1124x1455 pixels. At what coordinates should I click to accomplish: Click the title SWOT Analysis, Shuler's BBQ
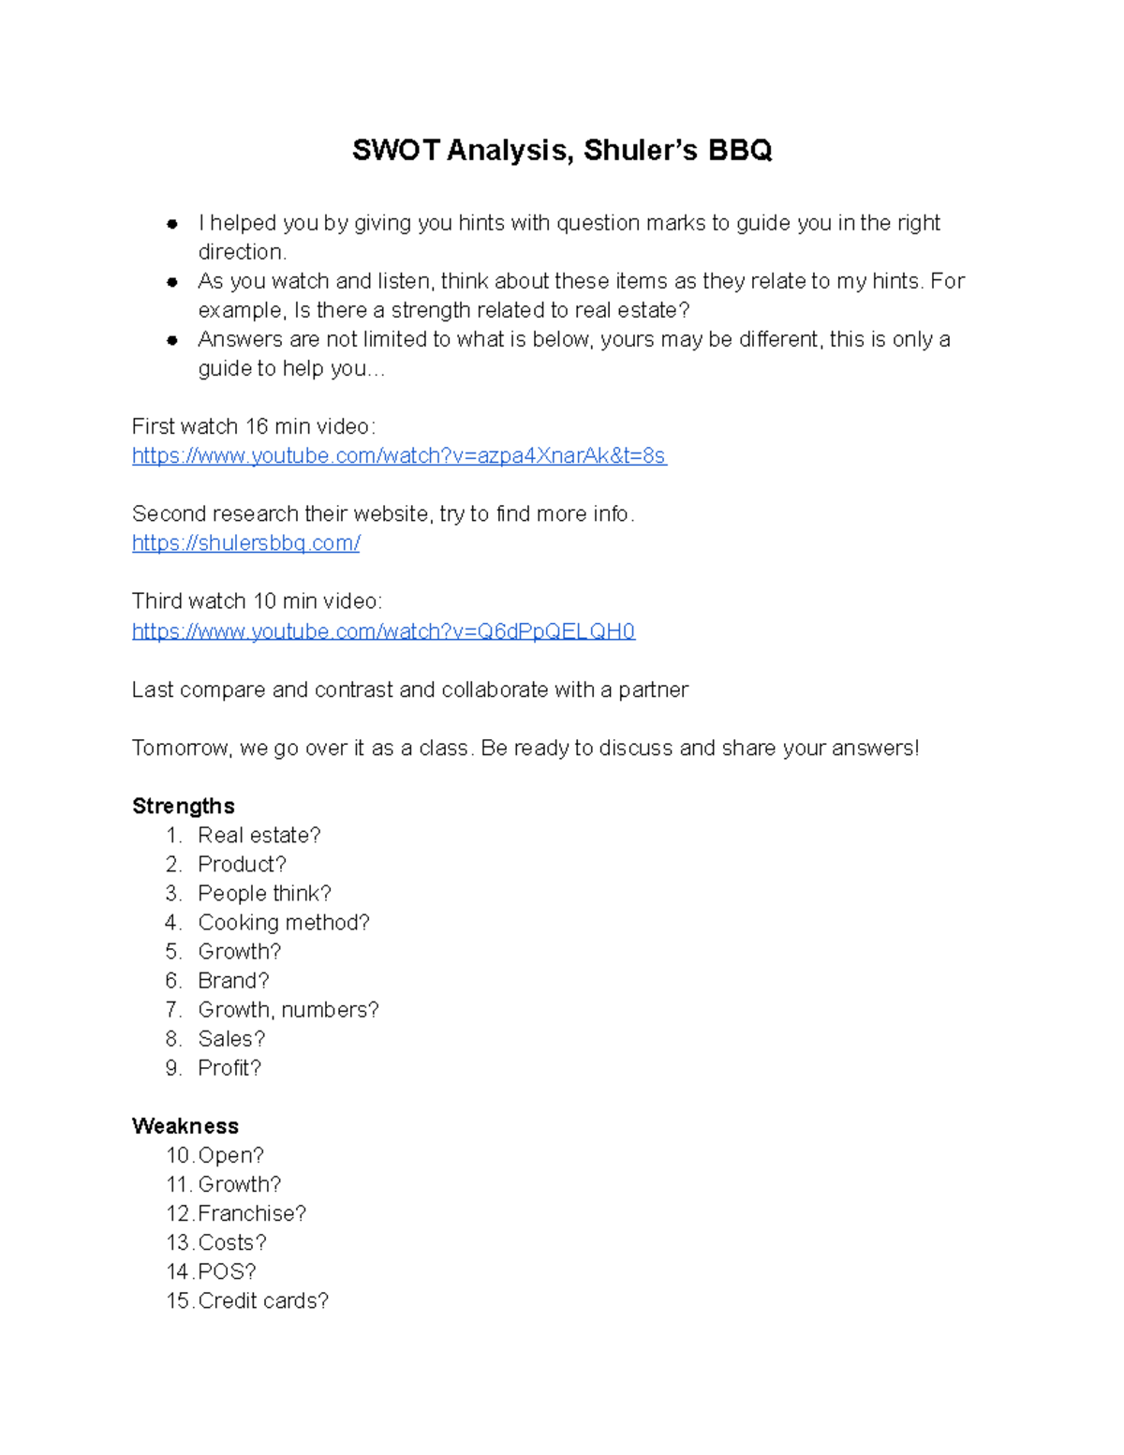pos(562,150)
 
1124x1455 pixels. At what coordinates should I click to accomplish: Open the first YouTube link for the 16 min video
pos(399,456)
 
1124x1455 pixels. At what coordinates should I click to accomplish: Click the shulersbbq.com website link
pos(245,543)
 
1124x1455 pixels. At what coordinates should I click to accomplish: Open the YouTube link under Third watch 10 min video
pos(383,631)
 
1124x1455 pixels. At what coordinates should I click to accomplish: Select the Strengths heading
pos(183,806)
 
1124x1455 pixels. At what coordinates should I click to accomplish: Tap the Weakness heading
pos(185,1125)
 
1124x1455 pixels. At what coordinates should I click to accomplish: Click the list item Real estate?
pos(259,835)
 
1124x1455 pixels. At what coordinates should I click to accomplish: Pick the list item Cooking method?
pos(283,922)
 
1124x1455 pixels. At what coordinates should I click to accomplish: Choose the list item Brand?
pos(233,980)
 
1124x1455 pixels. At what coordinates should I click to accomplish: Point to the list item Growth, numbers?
pos(288,1009)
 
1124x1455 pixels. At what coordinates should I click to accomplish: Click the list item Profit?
pos(229,1067)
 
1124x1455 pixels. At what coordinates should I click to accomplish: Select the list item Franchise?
pos(251,1213)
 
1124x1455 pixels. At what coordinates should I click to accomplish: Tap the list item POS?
pos(227,1271)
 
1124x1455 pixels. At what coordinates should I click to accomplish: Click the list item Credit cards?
pos(262,1300)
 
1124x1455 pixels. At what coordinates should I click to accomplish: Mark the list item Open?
pos(230,1155)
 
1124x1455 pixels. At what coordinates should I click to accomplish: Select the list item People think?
pos(264,893)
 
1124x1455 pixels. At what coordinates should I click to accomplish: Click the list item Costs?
pos(231,1242)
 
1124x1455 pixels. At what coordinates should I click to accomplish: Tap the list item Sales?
pos(231,1038)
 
